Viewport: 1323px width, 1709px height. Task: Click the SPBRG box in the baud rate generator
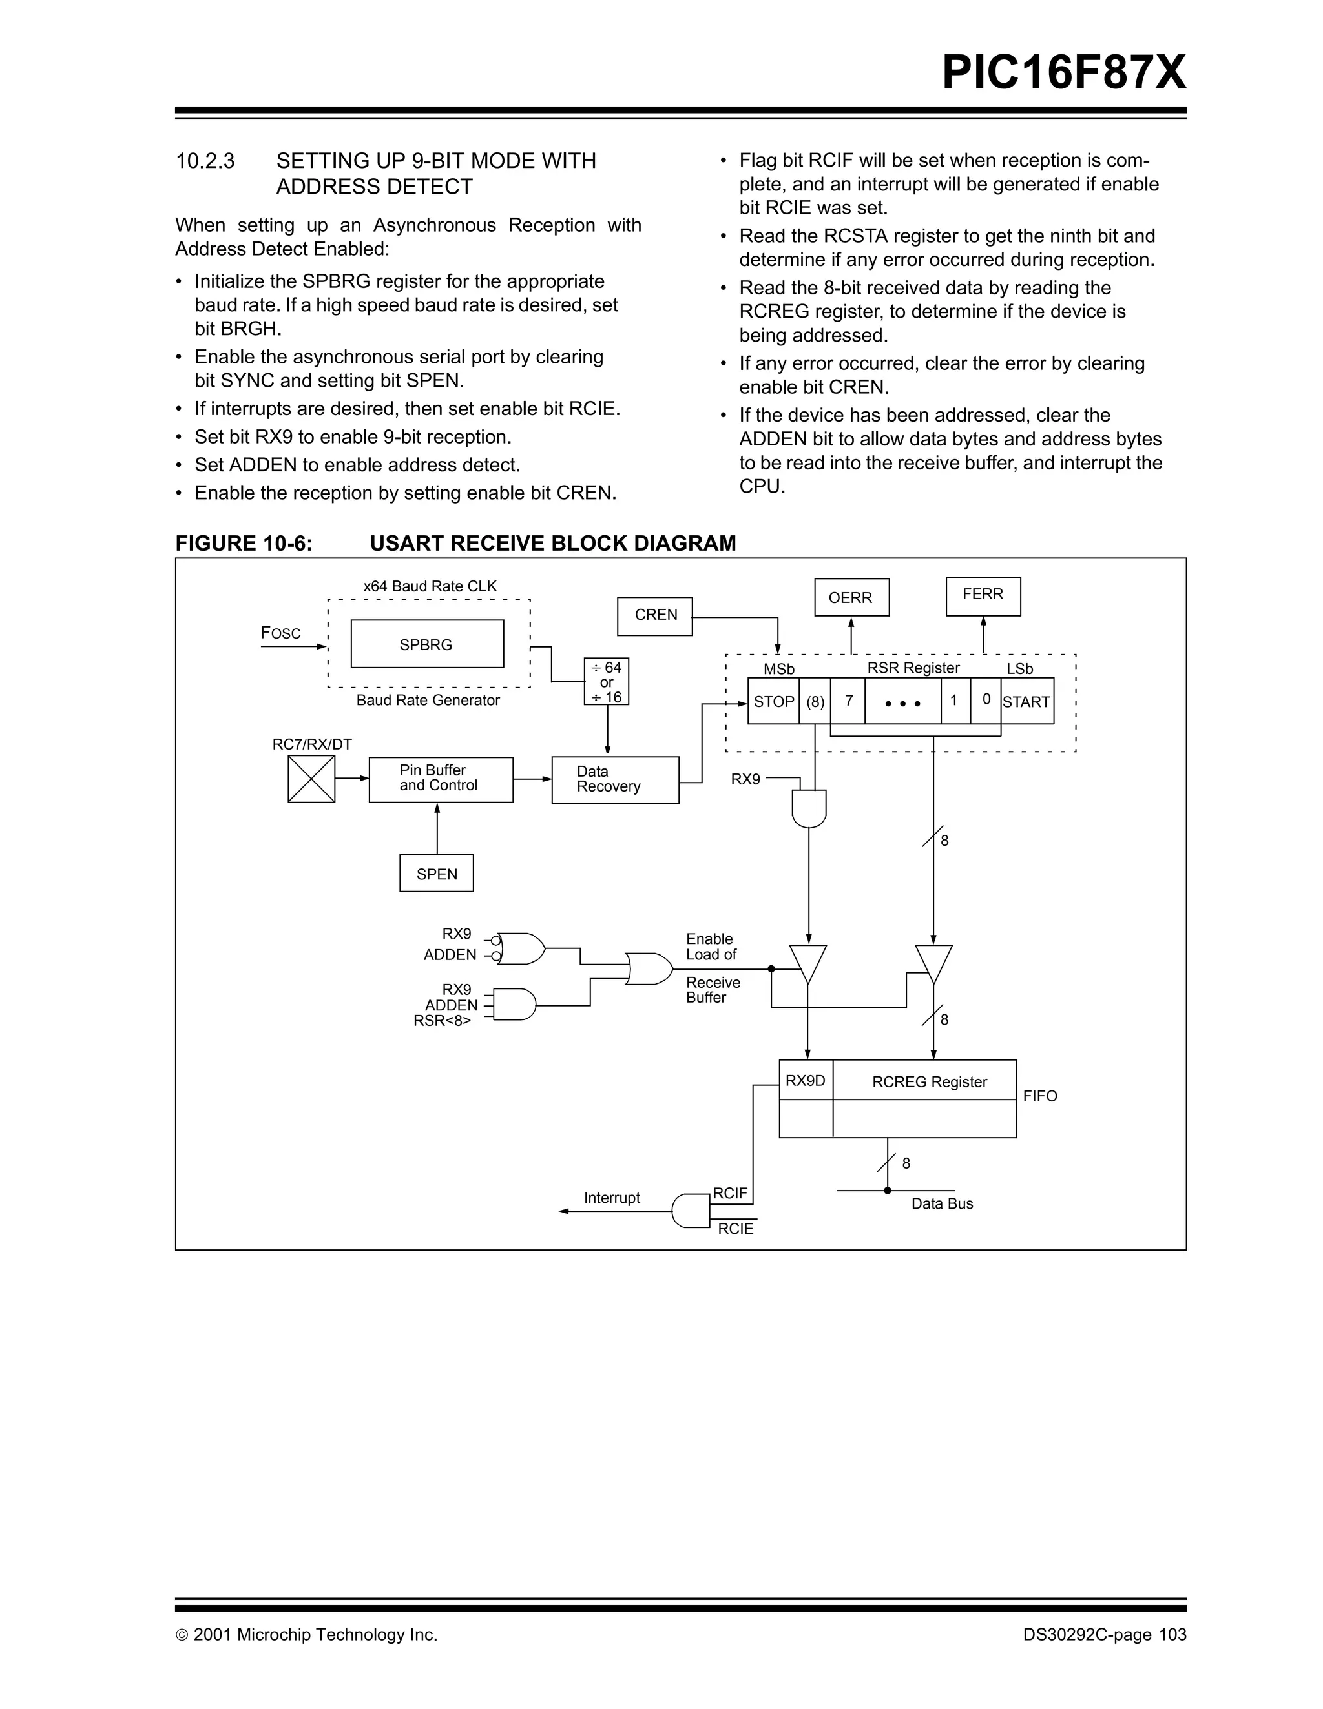click(x=426, y=644)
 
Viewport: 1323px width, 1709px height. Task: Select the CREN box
click(x=655, y=615)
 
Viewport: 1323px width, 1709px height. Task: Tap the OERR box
click(x=851, y=598)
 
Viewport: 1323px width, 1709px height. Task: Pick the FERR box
click(x=983, y=595)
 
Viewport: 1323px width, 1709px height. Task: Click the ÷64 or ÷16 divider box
click(x=607, y=682)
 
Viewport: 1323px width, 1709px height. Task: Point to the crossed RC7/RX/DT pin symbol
click(x=311, y=779)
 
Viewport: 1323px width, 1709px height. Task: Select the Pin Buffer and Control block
click(x=440, y=779)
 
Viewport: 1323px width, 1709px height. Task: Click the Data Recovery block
click(x=614, y=779)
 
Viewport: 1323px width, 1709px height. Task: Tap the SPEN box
click(x=436, y=874)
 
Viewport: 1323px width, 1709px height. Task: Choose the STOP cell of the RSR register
click(x=773, y=702)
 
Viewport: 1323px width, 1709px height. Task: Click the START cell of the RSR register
click(x=1026, y=702)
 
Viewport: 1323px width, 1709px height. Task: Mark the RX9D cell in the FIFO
click(x=806, y=1081)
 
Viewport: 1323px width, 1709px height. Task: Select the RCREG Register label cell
click(x=929, y=1081)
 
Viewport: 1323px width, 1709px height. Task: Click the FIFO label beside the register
click(x=1039, y=1096)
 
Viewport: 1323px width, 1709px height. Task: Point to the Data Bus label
click(x=942, y=1203)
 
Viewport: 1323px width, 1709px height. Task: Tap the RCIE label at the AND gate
click(x=735, y=1229)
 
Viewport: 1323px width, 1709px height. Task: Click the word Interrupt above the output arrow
click(x=611, y=1198)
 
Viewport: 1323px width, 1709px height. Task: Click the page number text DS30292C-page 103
click(x=1104, y=1635)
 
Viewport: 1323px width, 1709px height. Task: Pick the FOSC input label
click(x=280, y=633)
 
